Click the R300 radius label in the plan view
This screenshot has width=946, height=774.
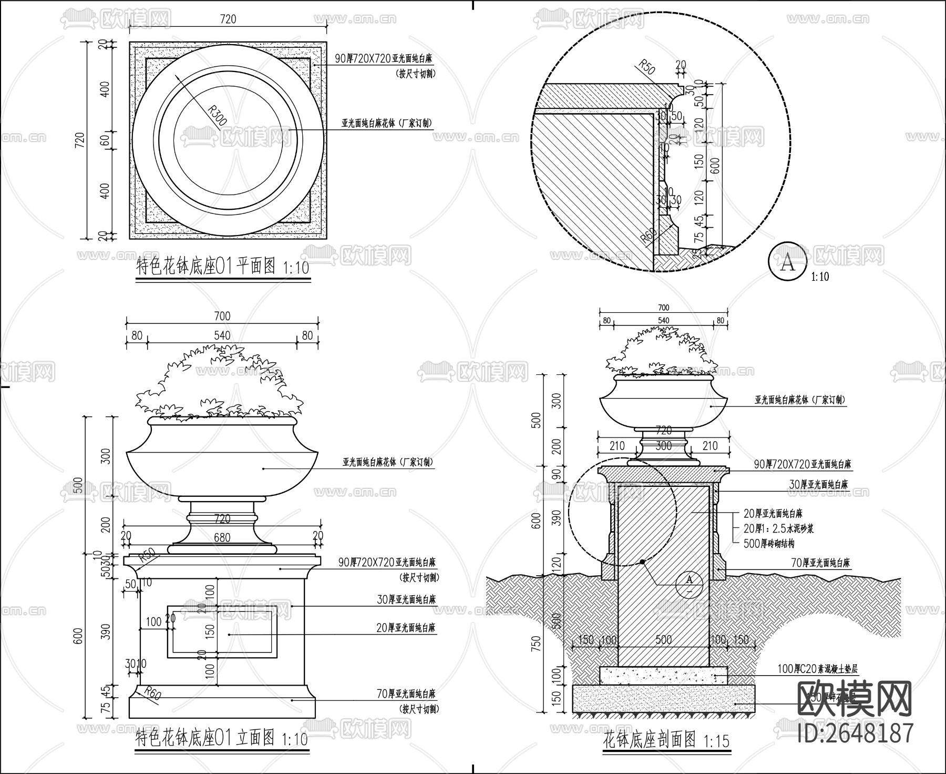tap(217, 115)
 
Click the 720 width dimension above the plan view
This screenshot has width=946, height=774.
tap(228, 19)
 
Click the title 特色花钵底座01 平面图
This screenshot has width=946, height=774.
tap(206, 266)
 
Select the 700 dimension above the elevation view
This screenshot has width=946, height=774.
tap(222, 316)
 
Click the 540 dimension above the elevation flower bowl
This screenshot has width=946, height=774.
tap(222, 335)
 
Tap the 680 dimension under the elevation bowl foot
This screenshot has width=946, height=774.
tap(222, 538)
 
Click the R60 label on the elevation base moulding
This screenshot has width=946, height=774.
tap(152, 694)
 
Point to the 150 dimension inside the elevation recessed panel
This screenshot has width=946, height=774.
tap(210, 630)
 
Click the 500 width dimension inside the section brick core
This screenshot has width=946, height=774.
tap(663, 640)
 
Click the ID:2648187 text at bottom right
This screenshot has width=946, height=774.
tap(855, 732)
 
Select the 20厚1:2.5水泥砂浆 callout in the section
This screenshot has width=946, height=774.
tap(778, 528)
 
